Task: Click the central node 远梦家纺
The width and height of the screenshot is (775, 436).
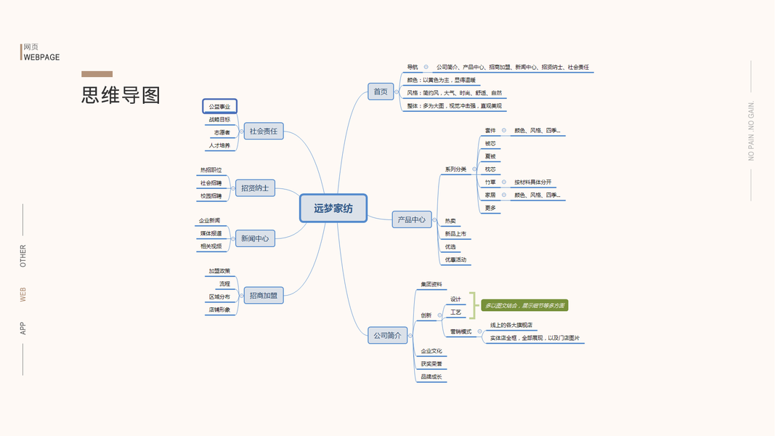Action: [333, 208]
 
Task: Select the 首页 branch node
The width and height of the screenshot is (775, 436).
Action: [381, 92]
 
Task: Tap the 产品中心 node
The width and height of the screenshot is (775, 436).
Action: [412, 219]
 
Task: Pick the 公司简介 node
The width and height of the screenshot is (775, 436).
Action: [387, 336]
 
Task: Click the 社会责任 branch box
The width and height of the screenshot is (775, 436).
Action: [263, 132]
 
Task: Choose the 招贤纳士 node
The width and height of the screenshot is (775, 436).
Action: [255, 188]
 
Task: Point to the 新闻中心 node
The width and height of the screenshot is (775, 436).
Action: [255, 238]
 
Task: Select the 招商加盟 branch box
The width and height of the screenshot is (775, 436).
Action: [263, 296]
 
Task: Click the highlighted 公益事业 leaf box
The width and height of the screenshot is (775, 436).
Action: [219, 107]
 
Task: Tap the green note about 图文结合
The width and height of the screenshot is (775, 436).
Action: [524, 306]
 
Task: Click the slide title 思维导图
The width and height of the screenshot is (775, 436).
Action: [121, 95]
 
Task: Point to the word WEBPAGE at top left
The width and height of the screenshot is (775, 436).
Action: [41, 57]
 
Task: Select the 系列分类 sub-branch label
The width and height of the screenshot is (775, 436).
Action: [455, 169]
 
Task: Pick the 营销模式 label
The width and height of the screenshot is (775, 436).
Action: [460, 331]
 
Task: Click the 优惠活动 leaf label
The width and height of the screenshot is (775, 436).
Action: [455, 259]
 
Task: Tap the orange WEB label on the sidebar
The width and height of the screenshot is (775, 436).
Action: [23, 294]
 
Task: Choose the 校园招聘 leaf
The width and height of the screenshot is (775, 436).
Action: [211, 195]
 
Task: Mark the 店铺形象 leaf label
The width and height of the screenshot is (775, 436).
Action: [219, 310]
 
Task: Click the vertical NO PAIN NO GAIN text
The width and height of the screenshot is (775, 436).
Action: [752, 131]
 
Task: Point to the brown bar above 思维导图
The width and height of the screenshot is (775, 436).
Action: [97, 73]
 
